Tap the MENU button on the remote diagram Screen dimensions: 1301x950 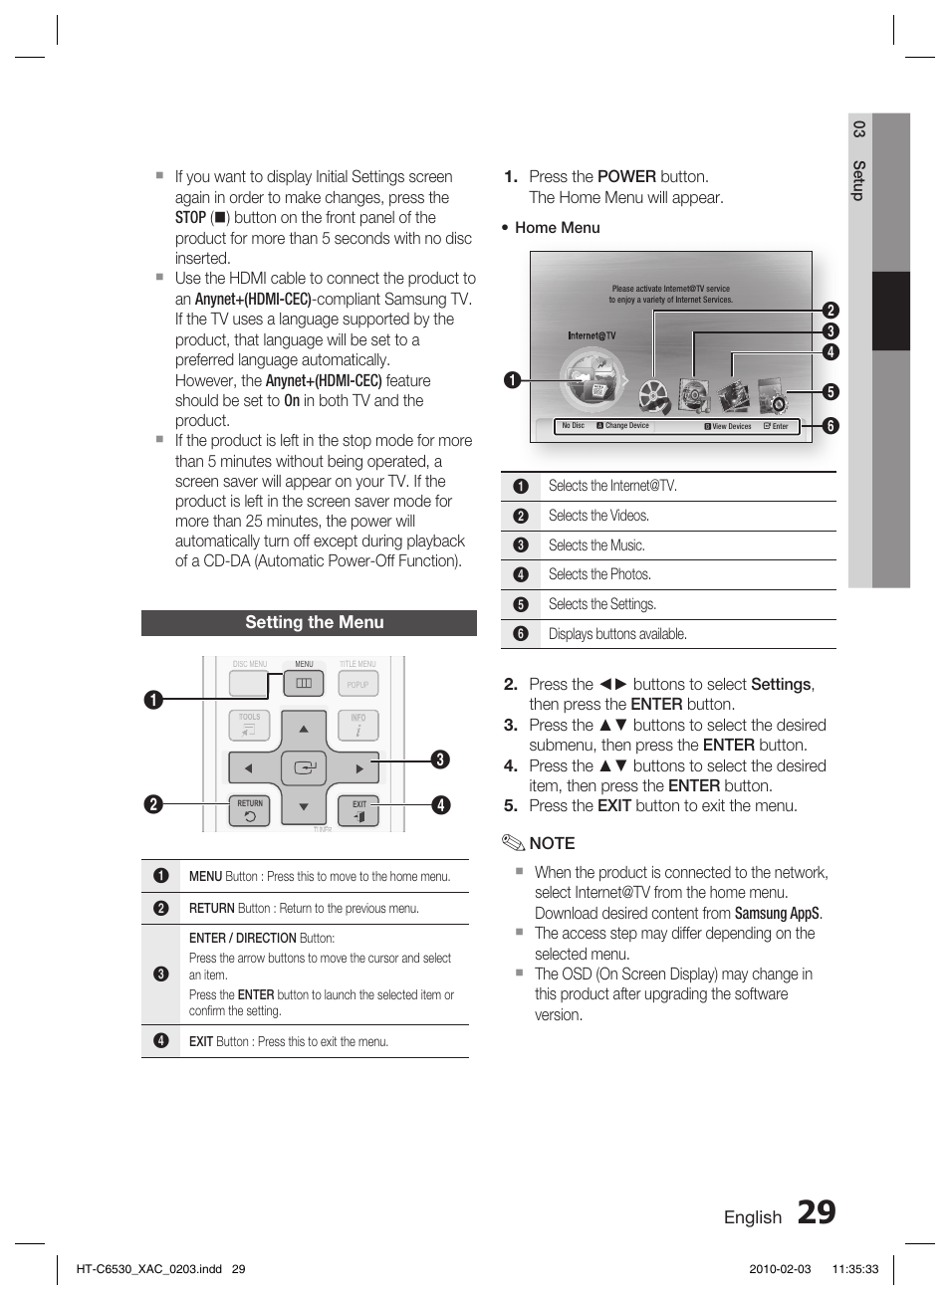click(304, 683)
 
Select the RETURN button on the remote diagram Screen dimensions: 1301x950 click(250, 812)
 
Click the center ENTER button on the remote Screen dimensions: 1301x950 click(304, 767)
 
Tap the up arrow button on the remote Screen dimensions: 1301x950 click(304, 729)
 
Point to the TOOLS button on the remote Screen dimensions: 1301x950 click(249, 726)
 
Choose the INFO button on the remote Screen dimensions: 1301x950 click(357, 726)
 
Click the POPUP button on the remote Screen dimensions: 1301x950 click(357, 684)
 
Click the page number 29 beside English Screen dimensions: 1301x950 click(817, 1212)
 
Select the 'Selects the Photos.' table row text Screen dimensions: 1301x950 click(599, 574)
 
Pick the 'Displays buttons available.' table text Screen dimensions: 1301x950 click(617, 634)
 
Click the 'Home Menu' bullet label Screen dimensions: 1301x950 click(557, 228)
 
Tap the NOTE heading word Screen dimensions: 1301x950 click(552, 843)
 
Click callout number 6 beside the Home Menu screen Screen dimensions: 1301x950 click(830, 426)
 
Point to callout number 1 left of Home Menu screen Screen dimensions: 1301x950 click(512, 380)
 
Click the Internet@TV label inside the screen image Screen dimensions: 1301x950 click(592, 336)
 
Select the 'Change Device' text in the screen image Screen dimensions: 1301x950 click(626, 426)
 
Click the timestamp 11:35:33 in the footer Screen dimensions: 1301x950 click(854, 1269)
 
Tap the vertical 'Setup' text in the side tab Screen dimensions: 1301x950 click(858, 180)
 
